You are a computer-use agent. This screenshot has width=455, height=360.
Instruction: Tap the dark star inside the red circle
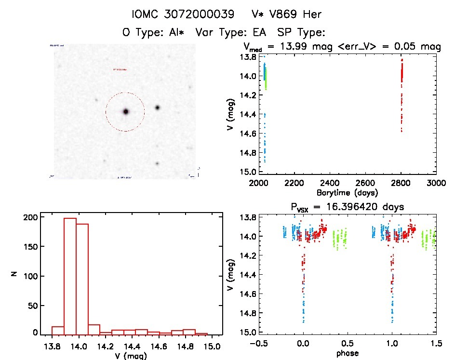(x=126, y=111)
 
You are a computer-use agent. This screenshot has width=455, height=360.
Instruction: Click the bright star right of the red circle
(x=157, y=107)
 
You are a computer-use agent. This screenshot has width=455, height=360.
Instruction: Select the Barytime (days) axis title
(x=347, y=193)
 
